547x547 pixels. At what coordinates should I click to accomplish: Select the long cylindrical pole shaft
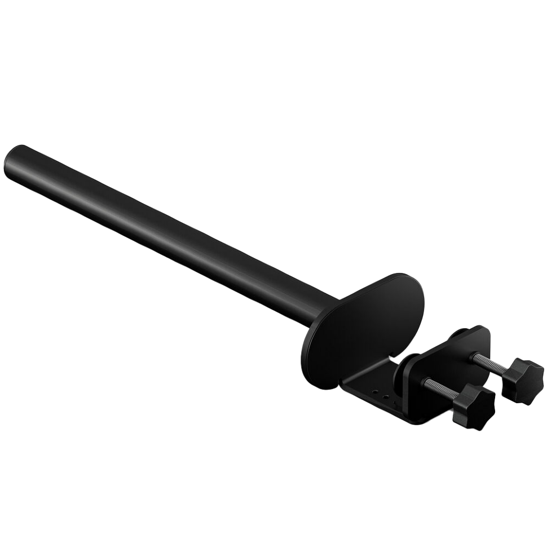tap(169, 226)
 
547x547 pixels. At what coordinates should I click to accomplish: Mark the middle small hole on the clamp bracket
tap(385, 396)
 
